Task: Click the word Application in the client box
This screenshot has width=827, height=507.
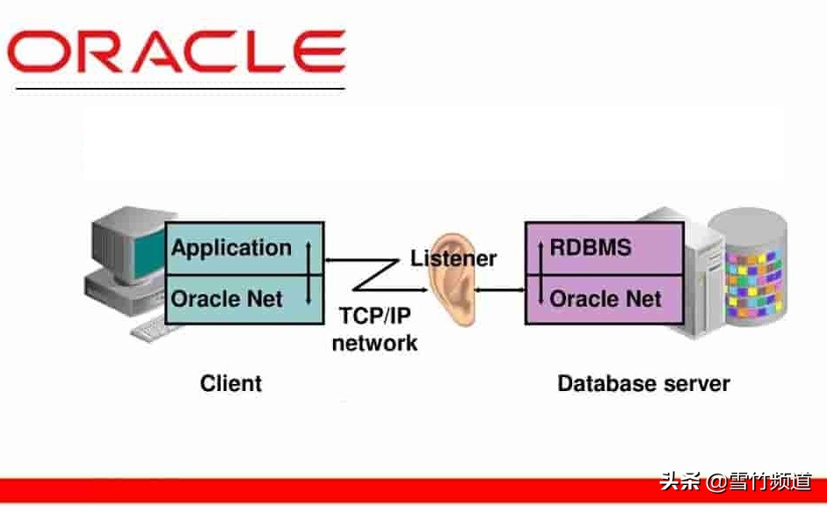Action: click(x=231, y=248)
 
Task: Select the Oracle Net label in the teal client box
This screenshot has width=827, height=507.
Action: click(x=227, y=299)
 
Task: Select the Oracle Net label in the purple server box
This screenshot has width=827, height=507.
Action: click(x=606, y=299)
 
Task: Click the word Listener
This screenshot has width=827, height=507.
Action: click(x=453, y=258)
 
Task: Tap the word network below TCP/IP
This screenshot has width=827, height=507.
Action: click(x=374, y=343)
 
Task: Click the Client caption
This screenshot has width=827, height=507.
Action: click(x=231, y=384)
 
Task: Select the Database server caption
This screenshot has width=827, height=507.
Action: click(x=643, y=384)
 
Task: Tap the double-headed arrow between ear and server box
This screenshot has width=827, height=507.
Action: click(x=499, y=288)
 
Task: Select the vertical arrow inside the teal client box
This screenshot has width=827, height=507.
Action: click(x=308, y=273)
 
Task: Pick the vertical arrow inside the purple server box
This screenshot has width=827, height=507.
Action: click(x=538, y=273)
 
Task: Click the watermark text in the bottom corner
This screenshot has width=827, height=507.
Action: click(x=736, y=482)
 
